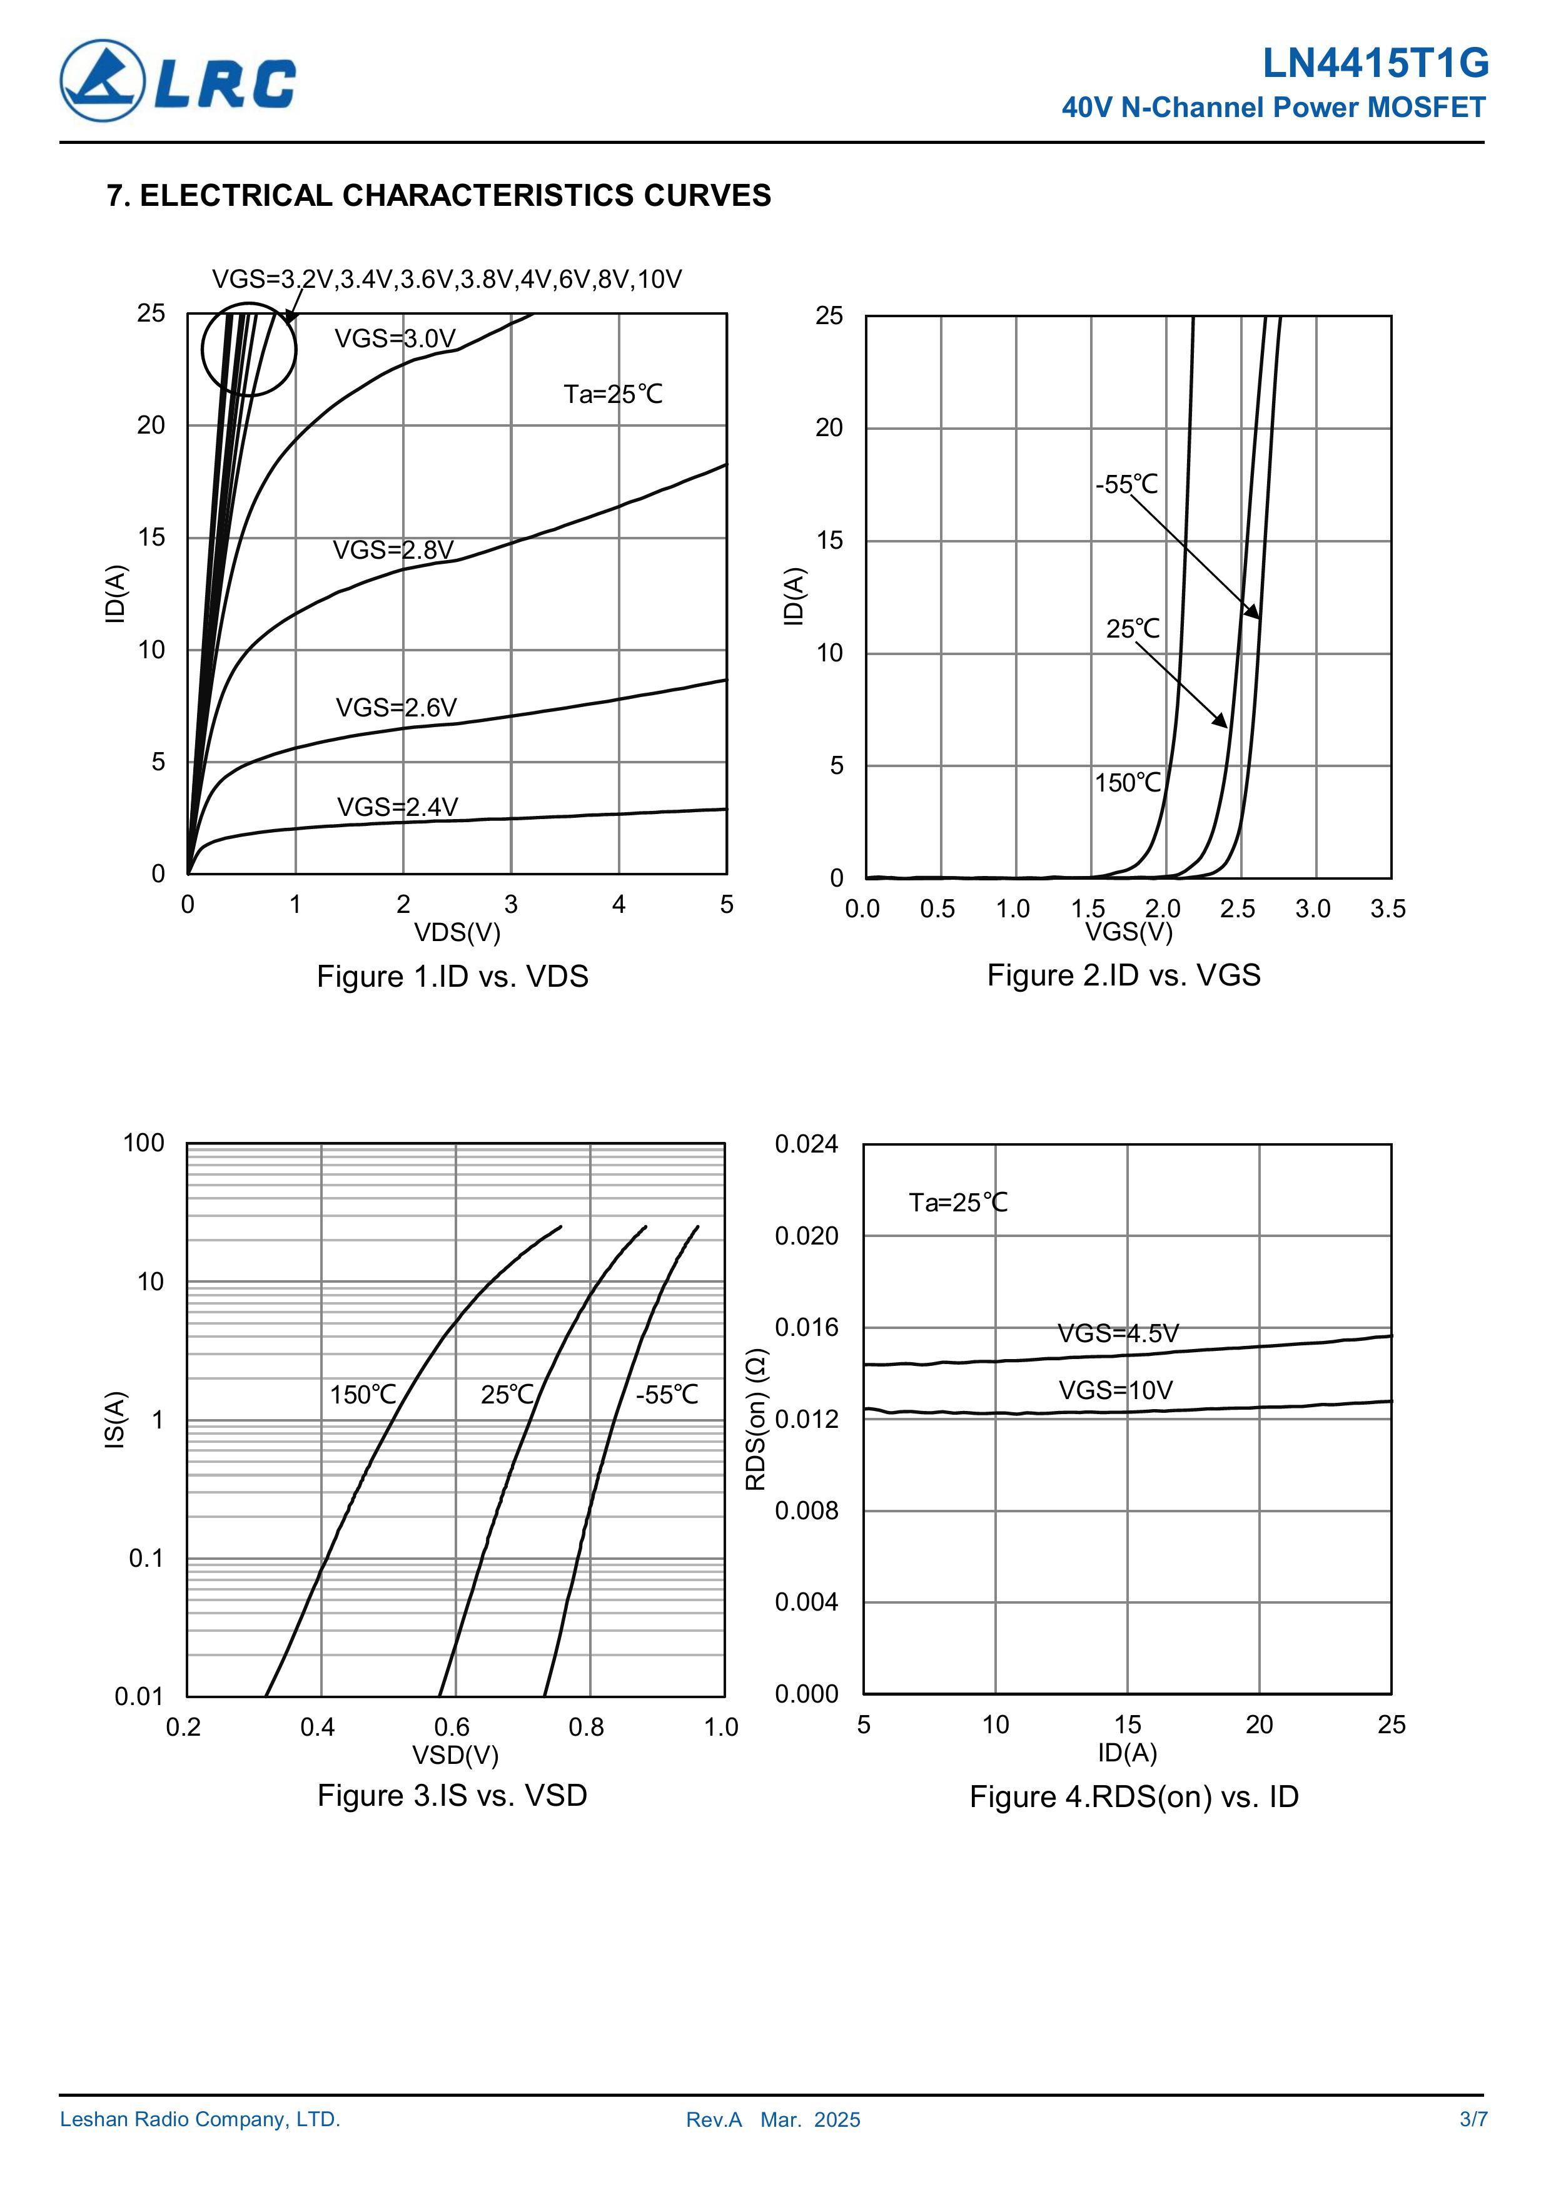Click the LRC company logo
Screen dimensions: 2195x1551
178,81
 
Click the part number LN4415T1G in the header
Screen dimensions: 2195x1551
1375,64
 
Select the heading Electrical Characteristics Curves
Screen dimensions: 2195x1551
438,195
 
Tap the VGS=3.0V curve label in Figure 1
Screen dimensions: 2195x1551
395,339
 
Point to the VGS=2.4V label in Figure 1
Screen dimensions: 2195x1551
397,807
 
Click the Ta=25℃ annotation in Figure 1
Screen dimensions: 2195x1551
612,394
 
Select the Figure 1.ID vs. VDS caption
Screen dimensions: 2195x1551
452,976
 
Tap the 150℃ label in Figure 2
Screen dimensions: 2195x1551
1128,783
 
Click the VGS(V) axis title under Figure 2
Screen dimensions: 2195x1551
1129,931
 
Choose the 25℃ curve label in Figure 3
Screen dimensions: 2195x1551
507,1395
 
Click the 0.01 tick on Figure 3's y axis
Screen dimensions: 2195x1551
139,1697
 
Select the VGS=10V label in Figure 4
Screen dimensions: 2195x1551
1115,1390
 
